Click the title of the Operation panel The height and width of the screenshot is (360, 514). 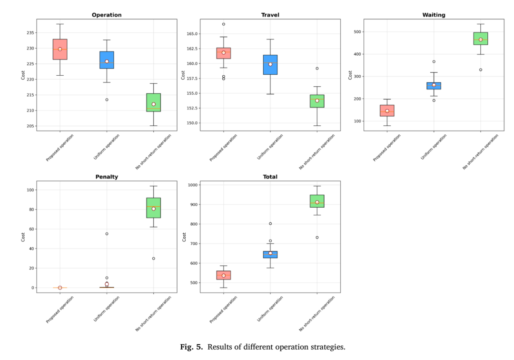point(107,15)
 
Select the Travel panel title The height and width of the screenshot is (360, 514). point(270,15)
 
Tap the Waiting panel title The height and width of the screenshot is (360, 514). point(434,15)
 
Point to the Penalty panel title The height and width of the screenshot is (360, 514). point(107,177)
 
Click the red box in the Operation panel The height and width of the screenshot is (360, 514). point(60,50)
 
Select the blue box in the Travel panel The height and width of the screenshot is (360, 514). point(270,65)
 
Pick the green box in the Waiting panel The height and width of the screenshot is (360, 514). point(481,39)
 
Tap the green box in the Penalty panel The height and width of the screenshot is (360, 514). point(153,208)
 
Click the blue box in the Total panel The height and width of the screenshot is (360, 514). point(270,255)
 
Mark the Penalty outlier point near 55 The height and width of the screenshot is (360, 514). point(107,234)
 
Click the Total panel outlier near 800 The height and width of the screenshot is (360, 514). point(270,224)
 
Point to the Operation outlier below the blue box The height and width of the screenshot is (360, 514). point(107,100)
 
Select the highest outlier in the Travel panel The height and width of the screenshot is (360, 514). point(224,24)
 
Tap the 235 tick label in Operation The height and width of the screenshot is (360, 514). point(30,33)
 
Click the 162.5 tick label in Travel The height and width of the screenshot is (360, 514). point(192,49)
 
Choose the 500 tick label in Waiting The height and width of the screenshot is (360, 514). point(357,32)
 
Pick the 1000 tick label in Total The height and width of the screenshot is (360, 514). point(193,185)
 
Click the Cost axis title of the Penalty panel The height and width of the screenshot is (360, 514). point(23,237)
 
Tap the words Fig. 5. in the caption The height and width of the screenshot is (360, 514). point(191,347)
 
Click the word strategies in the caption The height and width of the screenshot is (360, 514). point(330,347)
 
